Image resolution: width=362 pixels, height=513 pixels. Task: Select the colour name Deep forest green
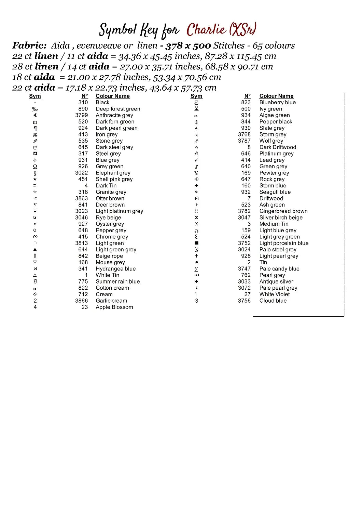pos(118,109)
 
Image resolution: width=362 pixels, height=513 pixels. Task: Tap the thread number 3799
pos(81,115)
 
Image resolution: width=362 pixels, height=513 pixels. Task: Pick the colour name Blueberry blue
pos(277,102)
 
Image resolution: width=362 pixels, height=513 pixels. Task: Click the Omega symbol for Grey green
pos(35,167)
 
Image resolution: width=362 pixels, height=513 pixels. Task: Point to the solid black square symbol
pos(196,243)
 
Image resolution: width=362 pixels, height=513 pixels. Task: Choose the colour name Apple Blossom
pos(114,307)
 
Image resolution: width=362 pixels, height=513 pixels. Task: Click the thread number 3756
pos(244,301)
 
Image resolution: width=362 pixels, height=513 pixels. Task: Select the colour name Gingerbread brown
pos(283,211)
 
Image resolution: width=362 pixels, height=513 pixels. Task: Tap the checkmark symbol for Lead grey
pos(196,160)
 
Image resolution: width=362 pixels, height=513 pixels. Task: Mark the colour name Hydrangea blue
pos(115,269)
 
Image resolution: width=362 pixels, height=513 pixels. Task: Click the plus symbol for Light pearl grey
pos(196,256)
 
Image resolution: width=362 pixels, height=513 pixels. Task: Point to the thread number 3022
pos(81,173)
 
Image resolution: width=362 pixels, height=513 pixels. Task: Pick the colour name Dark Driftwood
pos(278,147)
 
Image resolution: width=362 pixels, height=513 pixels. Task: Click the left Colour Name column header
pos(112,96)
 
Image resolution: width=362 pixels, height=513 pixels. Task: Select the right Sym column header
pos(196,96)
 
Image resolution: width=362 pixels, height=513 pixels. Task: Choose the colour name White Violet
pos(274,294)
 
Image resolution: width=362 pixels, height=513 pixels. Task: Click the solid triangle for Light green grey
pos(35,250)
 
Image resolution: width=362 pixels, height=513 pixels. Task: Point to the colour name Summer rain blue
pos(117,281)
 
